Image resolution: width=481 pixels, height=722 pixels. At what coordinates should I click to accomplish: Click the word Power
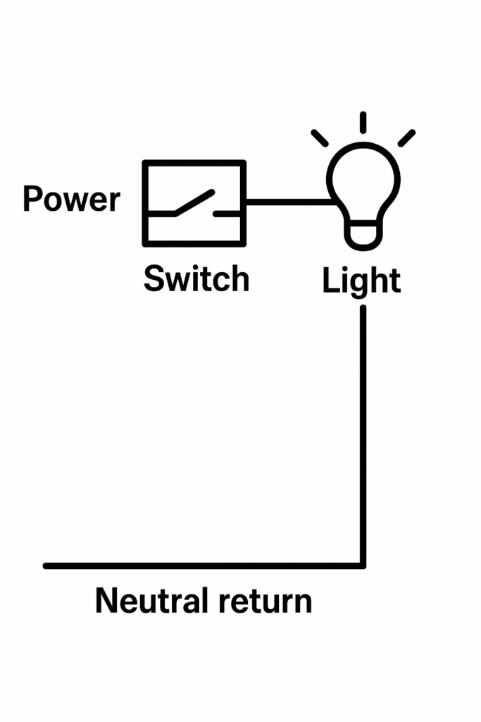[x=71, y=200]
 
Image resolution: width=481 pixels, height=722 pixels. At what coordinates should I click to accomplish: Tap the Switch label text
[x=196, y=279]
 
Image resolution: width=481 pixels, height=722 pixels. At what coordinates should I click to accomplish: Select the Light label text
[x=361, y=282]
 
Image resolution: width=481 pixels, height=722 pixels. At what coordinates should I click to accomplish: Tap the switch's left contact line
[x=161, y=212]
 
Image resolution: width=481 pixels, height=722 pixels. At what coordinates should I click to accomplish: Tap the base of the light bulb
[x=363, y=235]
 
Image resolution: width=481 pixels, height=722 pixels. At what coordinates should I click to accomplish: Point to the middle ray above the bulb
[x=363, y=122]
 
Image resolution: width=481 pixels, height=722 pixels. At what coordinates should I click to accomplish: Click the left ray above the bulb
[x=320, y=137]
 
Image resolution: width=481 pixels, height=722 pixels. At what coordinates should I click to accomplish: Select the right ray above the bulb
[x=406, y=137]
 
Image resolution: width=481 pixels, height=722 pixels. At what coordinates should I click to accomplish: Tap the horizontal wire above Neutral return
[x=204, y=565]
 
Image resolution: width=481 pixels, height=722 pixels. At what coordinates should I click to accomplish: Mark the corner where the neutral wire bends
[x=363, y=565]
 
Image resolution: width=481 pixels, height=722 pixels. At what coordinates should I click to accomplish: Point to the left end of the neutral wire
[x=47, y=565]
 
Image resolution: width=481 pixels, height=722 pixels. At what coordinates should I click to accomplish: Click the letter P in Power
[x=32, y=199]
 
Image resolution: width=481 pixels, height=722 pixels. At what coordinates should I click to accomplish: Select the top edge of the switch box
[x=194, y=164]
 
